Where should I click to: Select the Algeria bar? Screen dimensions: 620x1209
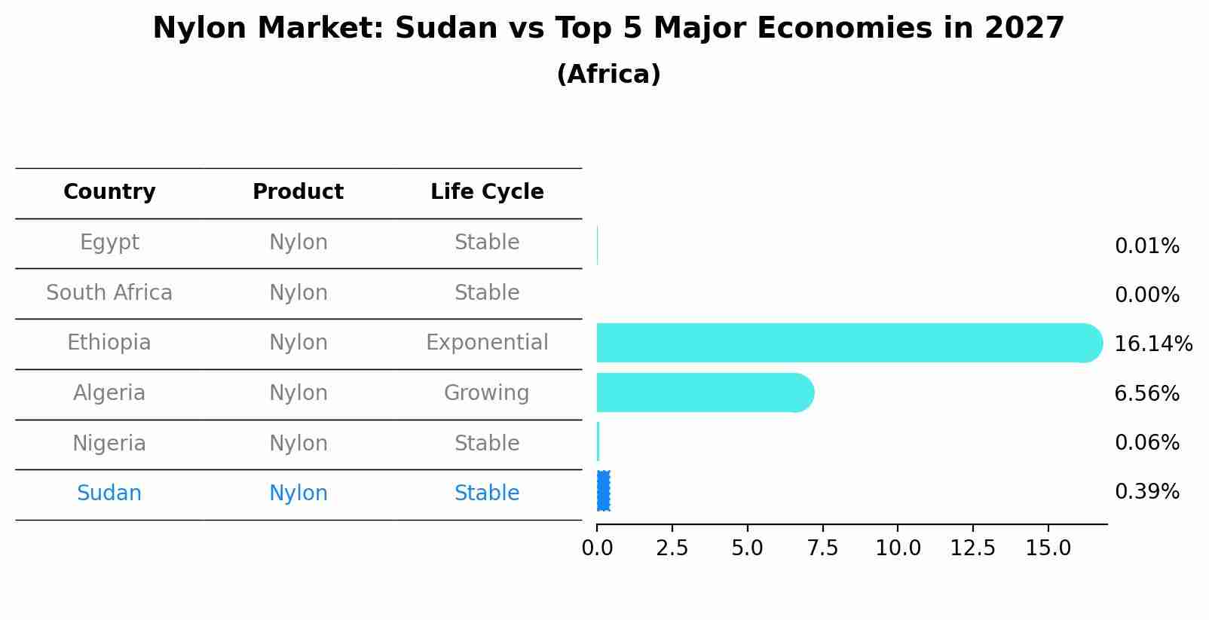point(705,392)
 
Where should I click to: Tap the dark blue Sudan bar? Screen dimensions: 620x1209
point(603,491)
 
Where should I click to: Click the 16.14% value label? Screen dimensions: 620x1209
point(1152,344)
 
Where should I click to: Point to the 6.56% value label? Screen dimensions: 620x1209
point(1146,393)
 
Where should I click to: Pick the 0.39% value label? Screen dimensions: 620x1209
point(1146,492)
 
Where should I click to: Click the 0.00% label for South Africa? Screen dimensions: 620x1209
point(1146,295)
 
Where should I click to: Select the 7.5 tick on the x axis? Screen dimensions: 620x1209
point(822,548)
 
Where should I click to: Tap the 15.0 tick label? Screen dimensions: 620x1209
point(1047,548)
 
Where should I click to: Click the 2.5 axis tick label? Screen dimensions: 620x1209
point(672,548)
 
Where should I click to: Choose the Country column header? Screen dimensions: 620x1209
point(109,192)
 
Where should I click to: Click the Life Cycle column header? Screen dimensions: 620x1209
point(487,192)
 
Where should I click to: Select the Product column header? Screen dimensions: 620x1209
point(298,192)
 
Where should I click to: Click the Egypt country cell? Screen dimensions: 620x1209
point(109,243)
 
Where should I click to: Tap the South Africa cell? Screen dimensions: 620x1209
point(109,293)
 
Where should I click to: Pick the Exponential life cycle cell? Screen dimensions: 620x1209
point(487,343)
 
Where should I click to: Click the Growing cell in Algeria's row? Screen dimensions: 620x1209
point(486,393)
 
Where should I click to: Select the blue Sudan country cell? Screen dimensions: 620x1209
point(109,493)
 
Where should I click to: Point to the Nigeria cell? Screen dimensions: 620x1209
point(109,443)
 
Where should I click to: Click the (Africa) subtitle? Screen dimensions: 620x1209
point(608,75)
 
